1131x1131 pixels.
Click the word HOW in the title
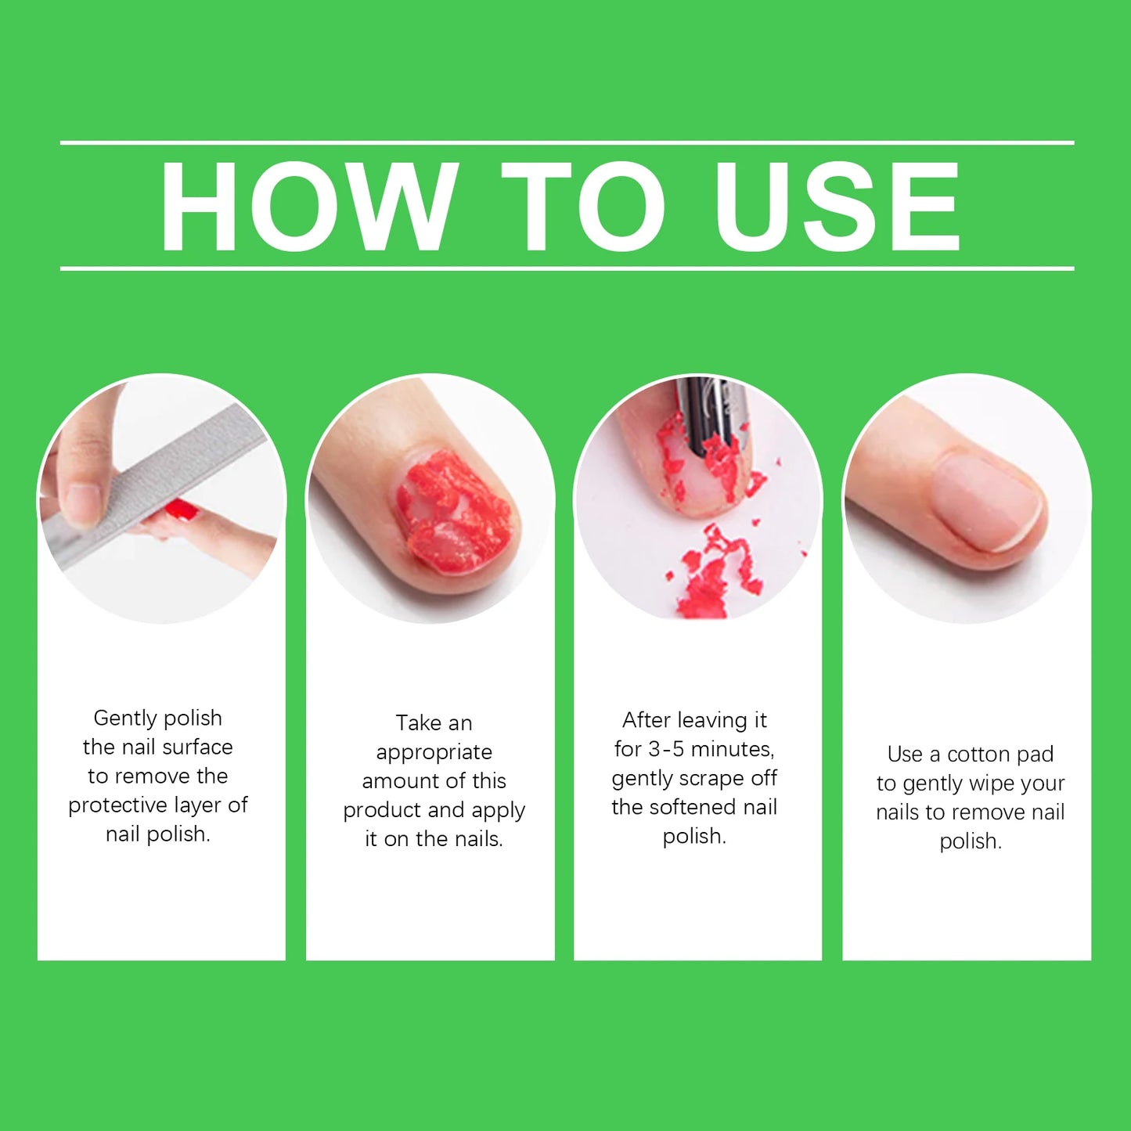pos(308,207)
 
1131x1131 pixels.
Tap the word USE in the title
pos(837,207)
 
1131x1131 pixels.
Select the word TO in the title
pos(584,207)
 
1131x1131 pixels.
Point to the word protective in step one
pos(118,805)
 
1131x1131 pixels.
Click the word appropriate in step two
pos(434,753)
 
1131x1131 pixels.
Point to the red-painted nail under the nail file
pos(182,511)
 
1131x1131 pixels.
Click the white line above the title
pos(567,143)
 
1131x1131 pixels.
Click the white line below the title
pos(567,268)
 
